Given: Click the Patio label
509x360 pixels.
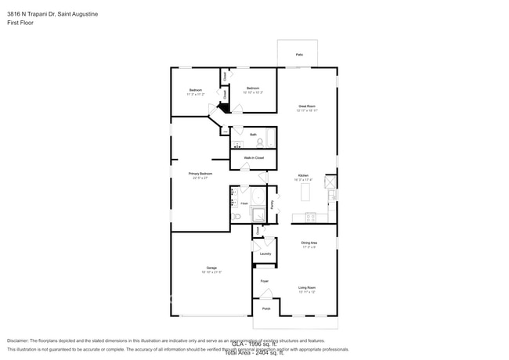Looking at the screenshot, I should point(299,55).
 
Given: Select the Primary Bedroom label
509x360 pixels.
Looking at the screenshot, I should point(200,175).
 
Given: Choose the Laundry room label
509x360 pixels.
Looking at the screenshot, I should point(265,254).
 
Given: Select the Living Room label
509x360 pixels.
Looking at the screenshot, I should point(306,289).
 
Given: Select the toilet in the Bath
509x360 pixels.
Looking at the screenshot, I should point(259,142).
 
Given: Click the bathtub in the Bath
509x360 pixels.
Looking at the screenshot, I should point(270,139).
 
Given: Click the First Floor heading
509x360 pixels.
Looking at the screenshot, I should point(20,23).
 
